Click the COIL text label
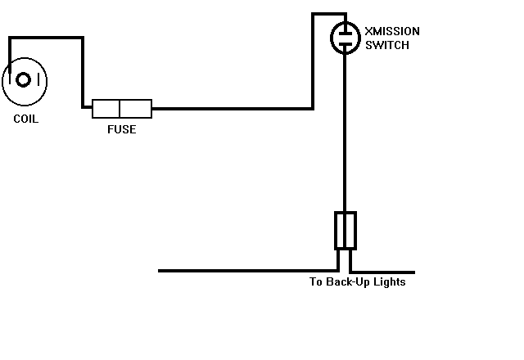[x=25, y=119]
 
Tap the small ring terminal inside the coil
[x=24, y=80]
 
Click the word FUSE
[x=121, y=129]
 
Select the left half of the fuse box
[x=106, y=108]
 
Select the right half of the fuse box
[x=137, y=108]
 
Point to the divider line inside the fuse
[x=121, y=108]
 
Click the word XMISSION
[x=392, y=31]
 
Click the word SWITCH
[x=386, y=45]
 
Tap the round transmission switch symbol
[x=345, y=38]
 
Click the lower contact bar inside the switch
[x=345, y=43]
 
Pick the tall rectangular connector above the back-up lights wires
[x=345, y=230]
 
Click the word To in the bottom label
[x=316, y=282]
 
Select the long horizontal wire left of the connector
[x=246, y=271]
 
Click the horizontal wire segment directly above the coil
[x=46, y=38]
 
